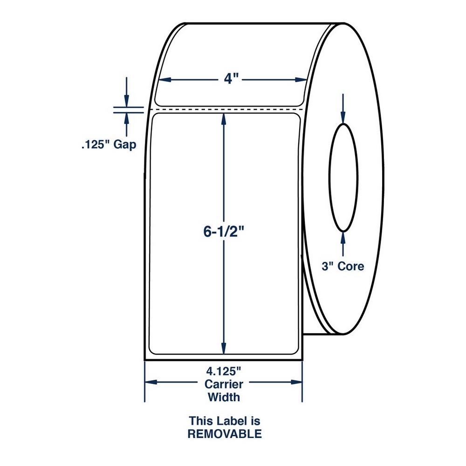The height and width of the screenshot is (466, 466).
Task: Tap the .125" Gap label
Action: coord(107,145)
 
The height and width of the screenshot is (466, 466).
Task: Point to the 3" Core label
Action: coord(343,266)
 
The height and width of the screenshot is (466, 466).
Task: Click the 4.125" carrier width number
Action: coord(224,372)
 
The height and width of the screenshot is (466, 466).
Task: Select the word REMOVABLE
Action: coord(224,434)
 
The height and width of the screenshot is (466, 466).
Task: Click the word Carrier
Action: coord(224,384)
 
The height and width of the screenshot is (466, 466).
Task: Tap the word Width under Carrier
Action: coord(224,397)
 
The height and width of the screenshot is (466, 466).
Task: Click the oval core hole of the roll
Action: coord(343,178)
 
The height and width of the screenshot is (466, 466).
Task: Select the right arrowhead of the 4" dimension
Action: coord(301,80)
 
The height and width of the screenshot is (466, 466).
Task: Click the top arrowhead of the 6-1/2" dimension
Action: coord(224,119)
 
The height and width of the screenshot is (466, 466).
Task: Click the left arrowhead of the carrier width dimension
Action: coord(151,382)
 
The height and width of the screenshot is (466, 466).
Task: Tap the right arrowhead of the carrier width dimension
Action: coord(297,382)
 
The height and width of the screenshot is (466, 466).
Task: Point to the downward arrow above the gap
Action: coord(126,99)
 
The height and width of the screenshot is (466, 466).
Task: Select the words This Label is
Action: coord(224,421)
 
